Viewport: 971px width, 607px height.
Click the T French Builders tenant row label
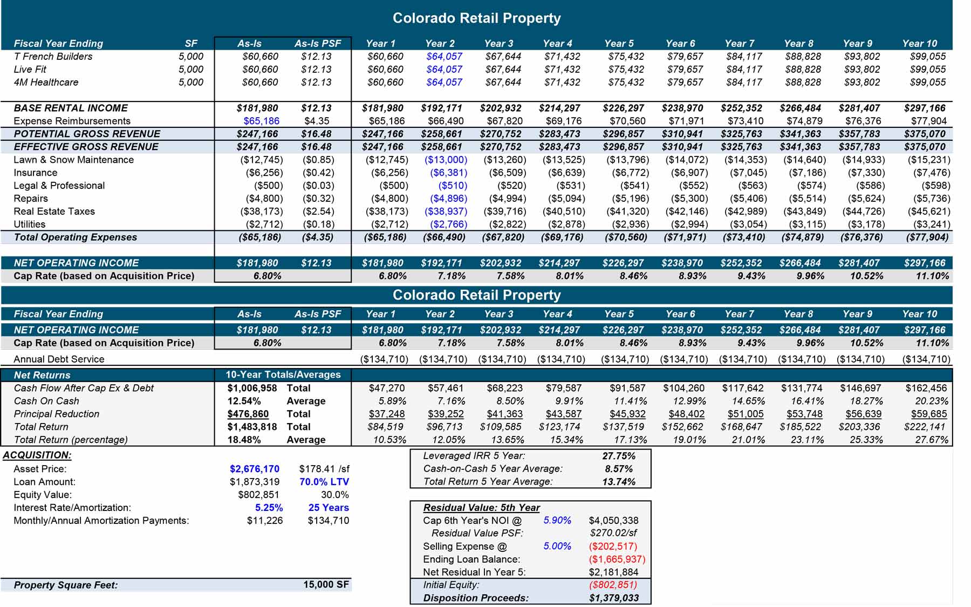pos(53,57)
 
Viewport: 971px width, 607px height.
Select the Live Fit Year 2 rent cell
pos(444,70)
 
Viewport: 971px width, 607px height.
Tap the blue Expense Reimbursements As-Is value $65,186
pos(261,121)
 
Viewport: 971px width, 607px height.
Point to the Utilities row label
pos(30,224)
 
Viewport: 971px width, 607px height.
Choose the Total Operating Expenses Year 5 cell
pos(626,237)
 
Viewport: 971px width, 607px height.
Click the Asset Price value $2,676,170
pos(254,469)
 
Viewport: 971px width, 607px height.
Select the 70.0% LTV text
pos(324,482)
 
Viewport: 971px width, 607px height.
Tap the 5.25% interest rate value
pos(269,508)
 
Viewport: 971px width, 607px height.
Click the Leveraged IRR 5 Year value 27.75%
pos(619,456)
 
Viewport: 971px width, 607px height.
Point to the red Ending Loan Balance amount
pos(617,560)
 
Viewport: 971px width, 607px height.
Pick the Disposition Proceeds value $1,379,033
pos(614,598)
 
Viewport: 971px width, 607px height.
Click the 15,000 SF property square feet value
pos(326,584)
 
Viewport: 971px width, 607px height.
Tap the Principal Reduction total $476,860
pos(248,414)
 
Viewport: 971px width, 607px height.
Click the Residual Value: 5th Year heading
pos(481,508)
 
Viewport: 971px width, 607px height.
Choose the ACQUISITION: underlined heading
pos(37,455)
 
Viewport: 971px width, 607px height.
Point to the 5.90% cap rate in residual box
pos(557,521)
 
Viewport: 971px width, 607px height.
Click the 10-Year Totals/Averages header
pos(283,375)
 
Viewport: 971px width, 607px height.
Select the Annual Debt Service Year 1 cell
pos(384,359)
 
